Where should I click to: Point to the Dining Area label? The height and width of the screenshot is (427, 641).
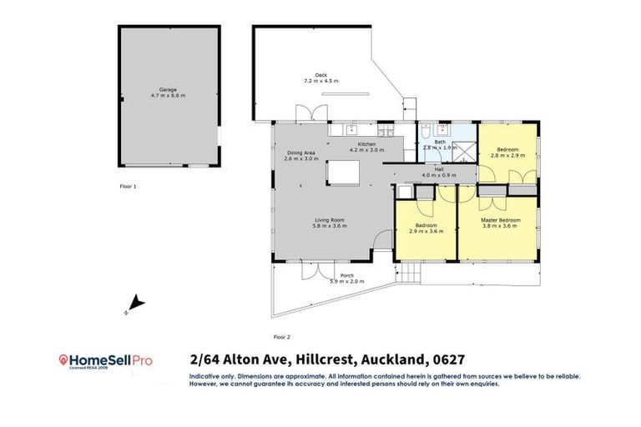(300, 153)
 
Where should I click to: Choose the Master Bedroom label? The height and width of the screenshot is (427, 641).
(501, 220)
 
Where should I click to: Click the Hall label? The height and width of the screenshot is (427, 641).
(438, 168)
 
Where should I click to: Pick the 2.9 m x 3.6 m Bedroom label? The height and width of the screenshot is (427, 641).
(426, 225)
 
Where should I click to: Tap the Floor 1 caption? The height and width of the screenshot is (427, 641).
(128, 186)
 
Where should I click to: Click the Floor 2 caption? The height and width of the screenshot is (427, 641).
(281, 336)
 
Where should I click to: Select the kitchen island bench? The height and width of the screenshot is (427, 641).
(342, 172)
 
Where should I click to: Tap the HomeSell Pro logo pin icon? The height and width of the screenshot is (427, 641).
(63, 359)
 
